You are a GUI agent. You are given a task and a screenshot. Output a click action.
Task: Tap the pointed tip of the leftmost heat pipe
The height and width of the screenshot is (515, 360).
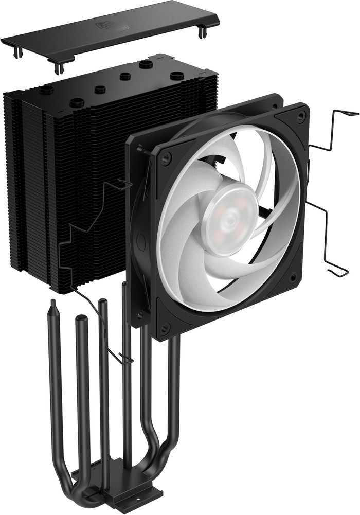[52, 309]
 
